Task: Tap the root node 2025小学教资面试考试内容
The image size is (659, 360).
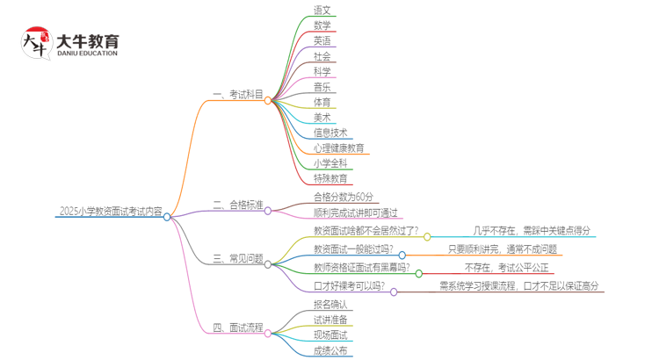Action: (x=111, y=212)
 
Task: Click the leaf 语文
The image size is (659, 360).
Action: (x=322, y=11)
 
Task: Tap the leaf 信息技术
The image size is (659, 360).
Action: (x=330, y=133)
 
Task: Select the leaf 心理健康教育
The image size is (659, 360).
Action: (x=338, y=148)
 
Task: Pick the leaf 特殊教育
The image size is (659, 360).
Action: (x=330, y=179)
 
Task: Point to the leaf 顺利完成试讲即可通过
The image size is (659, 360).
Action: (x=355, y=212)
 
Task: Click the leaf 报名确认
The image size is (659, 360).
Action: (x=330, y=305)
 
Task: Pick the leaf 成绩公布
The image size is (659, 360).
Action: (x=330, y=350)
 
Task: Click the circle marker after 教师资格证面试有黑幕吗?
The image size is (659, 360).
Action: (x=419, y=273)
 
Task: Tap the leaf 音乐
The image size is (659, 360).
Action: (x=322, y=87)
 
